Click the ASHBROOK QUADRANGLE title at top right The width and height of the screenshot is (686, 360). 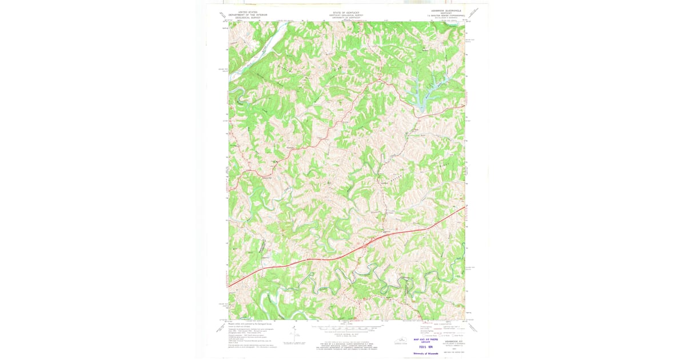tap(444, 11)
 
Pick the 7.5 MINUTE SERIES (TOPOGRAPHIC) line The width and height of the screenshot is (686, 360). tap(444, 16)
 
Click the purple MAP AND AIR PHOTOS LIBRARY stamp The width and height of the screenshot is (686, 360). tap(425, 341)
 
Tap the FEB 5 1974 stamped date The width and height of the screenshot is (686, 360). tap(425, 347)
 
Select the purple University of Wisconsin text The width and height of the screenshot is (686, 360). tap(425, 354)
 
